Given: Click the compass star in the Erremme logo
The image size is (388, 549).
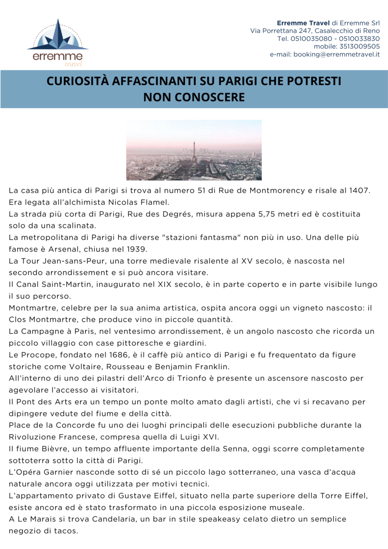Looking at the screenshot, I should [x=58, y=36].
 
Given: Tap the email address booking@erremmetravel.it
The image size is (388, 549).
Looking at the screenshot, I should [x=336, y=55].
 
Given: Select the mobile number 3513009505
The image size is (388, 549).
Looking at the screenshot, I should [x=360, y=47].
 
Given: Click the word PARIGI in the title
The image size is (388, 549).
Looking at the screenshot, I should [x=238, y=81].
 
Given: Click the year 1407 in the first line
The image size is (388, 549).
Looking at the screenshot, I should [x=358, y=191].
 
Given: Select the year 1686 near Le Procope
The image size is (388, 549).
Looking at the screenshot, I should [x=118, y=355].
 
